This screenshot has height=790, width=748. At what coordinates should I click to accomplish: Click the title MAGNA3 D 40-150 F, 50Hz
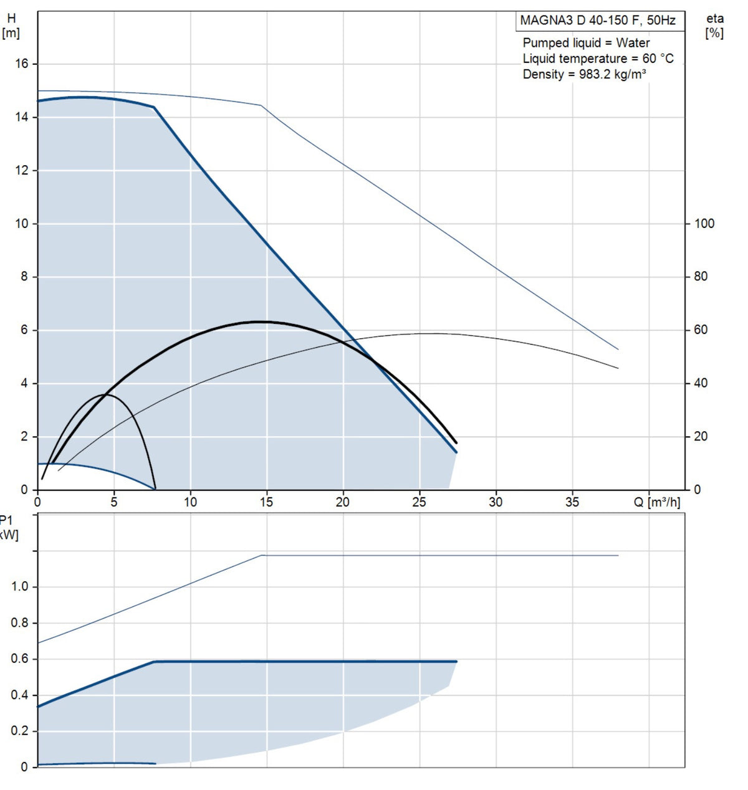(597, 21)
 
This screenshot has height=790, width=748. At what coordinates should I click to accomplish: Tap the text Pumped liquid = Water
(586, 43)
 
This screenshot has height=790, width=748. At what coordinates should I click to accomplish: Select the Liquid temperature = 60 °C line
(598, 59)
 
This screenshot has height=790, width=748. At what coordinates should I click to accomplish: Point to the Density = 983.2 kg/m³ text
(584, 74)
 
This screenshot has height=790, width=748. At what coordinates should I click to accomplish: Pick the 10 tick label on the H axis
(22, 224)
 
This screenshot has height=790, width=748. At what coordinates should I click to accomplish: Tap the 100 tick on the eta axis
(704, 224)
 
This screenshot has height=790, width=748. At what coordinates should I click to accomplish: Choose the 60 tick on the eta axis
(701, 330)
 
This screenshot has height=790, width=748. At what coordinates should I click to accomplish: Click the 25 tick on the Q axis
(420, 502)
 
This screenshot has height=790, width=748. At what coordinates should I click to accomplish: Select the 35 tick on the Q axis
(572, 502)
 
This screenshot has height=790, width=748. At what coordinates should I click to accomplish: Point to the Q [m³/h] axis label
(657, 502)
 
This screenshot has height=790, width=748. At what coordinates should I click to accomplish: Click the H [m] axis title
(11, 26)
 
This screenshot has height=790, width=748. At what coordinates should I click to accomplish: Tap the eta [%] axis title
(715, 26)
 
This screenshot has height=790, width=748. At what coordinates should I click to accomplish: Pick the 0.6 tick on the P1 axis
(20, 659)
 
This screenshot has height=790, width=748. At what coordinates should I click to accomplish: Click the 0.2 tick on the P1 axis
(20, 731)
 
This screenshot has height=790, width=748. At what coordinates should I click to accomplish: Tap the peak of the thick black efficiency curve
(259, 321)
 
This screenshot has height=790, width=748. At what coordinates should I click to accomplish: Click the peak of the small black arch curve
(105, 394)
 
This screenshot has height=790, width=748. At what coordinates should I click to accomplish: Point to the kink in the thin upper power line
(262, 555)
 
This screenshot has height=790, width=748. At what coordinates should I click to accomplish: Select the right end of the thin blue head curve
(618, 350)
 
